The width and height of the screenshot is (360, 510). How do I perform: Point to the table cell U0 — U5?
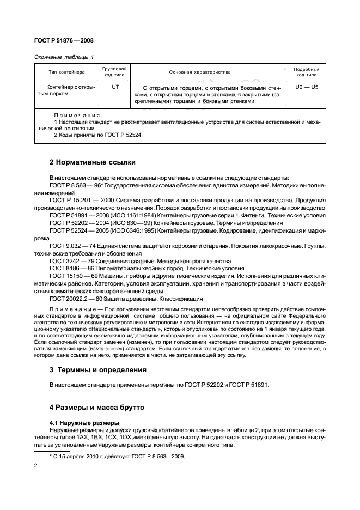coord(306,87)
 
